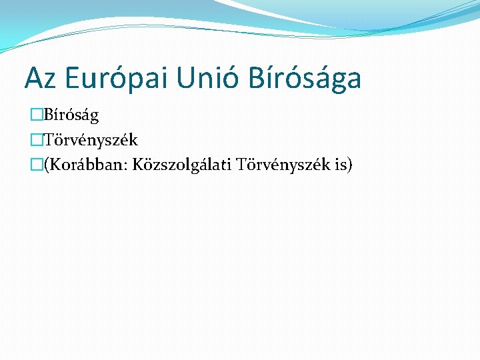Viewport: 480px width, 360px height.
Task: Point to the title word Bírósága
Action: (305, 78)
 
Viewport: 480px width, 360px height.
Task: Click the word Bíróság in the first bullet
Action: (71, 115)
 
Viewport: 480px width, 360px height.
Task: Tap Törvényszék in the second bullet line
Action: (91, 139)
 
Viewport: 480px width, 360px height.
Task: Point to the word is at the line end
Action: (338, 163)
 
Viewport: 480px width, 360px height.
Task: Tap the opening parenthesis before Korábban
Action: (45, 163)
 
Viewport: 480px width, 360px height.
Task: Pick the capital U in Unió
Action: (186, 78)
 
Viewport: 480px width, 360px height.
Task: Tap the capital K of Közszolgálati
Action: (139, 163)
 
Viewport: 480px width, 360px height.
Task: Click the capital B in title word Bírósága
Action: (256, 78)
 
